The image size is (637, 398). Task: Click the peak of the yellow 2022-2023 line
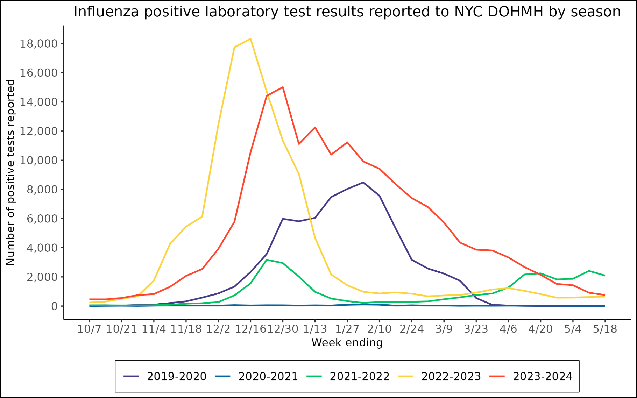coord(250,39)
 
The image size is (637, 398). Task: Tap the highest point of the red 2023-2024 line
coord(283,87)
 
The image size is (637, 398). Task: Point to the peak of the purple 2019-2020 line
coord(363,182)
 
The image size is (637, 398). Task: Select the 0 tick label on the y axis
coord(54,306)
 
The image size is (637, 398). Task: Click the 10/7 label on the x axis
coord(89,329)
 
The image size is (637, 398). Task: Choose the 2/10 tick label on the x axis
coord(379,329)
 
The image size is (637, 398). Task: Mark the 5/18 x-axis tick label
coord(605,329)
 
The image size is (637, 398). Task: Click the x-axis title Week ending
coord(347,343)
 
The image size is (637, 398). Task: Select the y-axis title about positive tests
coord(10,172)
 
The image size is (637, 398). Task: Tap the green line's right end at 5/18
coord(605,276)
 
